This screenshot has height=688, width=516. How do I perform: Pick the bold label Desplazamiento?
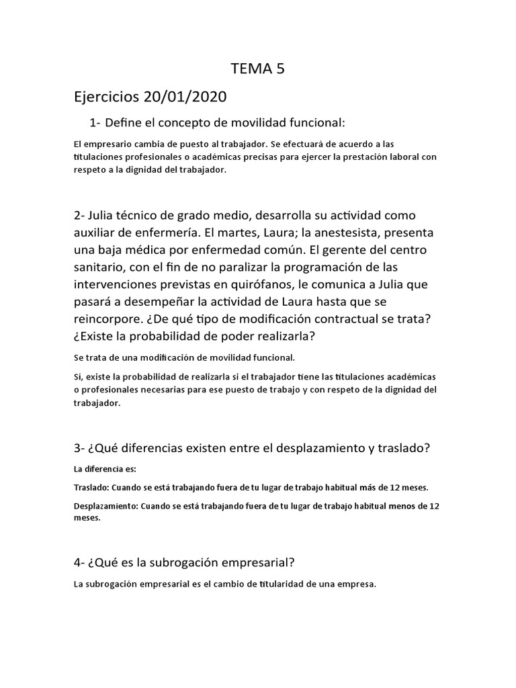click(x=106, y=506)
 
